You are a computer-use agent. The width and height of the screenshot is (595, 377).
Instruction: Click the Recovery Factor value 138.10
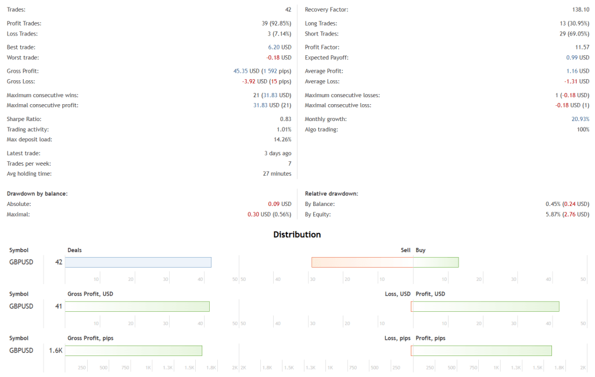pyautogui.click(x=580, y=10)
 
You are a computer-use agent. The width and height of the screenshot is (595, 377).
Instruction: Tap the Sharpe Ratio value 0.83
pyautogui.click(x=285, y=119)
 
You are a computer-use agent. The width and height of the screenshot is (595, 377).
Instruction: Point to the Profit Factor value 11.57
pyautogui.click(x=581, y=47)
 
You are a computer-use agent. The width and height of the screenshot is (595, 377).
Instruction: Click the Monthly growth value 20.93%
pyautogui.click(x=580, y=119)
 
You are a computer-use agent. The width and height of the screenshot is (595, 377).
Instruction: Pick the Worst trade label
pyautogui.click(x=23, y=58)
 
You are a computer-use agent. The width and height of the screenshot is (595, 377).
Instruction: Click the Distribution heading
pyautogui.click(x=297, y=234)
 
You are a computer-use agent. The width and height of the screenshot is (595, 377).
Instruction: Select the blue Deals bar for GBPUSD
pyautogui.click(x=138, y=262)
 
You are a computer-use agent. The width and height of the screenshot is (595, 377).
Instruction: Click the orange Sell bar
pyautogui.click(x=362, y=262)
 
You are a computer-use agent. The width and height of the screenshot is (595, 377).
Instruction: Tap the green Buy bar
pyautogui.click(x=436, y=262)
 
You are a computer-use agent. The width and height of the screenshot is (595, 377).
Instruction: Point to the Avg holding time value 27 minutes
pyautogui.click(x=277, y=173)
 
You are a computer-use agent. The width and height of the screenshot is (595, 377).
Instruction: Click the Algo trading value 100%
pyautogui.click(x=583, y=129)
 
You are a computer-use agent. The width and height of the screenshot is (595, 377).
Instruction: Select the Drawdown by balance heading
pyautogui.click(x=37, y=193)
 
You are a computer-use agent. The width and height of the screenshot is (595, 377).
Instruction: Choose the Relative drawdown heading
pyautogui.click(x=331, y=193)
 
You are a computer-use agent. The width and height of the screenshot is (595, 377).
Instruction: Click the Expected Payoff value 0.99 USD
pyautogui.click(x=578, y=58)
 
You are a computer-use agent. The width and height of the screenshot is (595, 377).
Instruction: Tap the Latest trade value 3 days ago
pyautogui.click(x=278, y=153)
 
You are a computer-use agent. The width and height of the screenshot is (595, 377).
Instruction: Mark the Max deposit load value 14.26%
pyautogui.click(x=282, y=140)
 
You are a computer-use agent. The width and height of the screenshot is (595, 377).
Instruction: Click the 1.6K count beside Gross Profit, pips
pyautogui.click(x=55, y=350)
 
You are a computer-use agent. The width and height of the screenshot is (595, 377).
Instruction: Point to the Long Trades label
pyautogui.click(x=321, y=23)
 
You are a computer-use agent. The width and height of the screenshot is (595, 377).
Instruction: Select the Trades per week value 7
pyautogui.click(x=289, y=163)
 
